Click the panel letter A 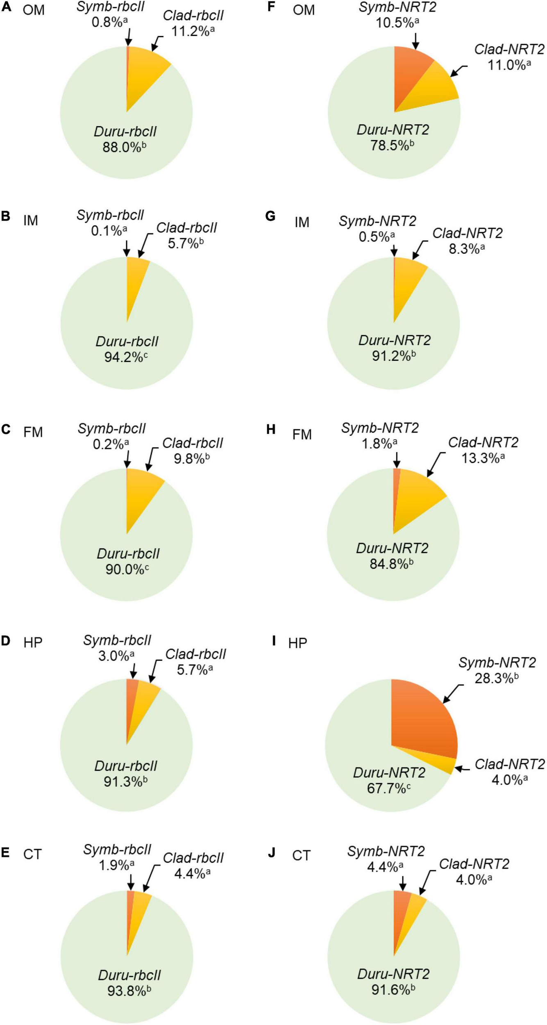[x=6, y=8]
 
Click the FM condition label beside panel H [x=302, y=434]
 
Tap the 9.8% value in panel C [x=189, y=458]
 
